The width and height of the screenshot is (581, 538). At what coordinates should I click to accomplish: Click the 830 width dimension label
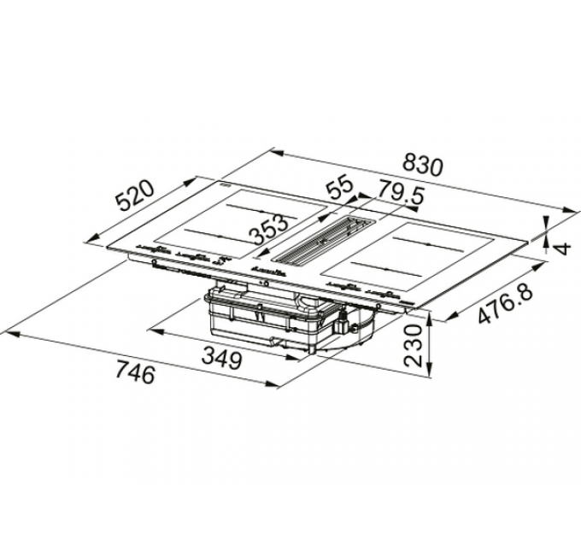point(424,164)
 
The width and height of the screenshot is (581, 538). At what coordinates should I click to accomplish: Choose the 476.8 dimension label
point(506,306)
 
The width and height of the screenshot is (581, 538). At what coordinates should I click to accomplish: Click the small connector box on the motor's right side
point(346,324)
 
